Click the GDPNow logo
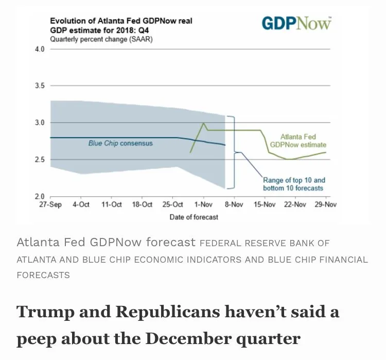(x=296, y=23)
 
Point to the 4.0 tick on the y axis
(x=40, y=49)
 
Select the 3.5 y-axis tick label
(x=40, y=85)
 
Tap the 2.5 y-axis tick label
(x=40, y=160)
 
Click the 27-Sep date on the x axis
(x=50, y=204)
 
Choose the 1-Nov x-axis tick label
(x=203, y=204)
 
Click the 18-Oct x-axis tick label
(x=142, y=204)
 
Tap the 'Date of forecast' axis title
(x=194, y=217)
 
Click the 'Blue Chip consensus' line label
(x=120, y=143)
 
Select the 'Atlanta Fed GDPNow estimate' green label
(x=298, y=141)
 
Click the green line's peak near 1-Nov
(x=204, y=123)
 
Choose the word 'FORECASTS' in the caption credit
(x=43, y=275)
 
